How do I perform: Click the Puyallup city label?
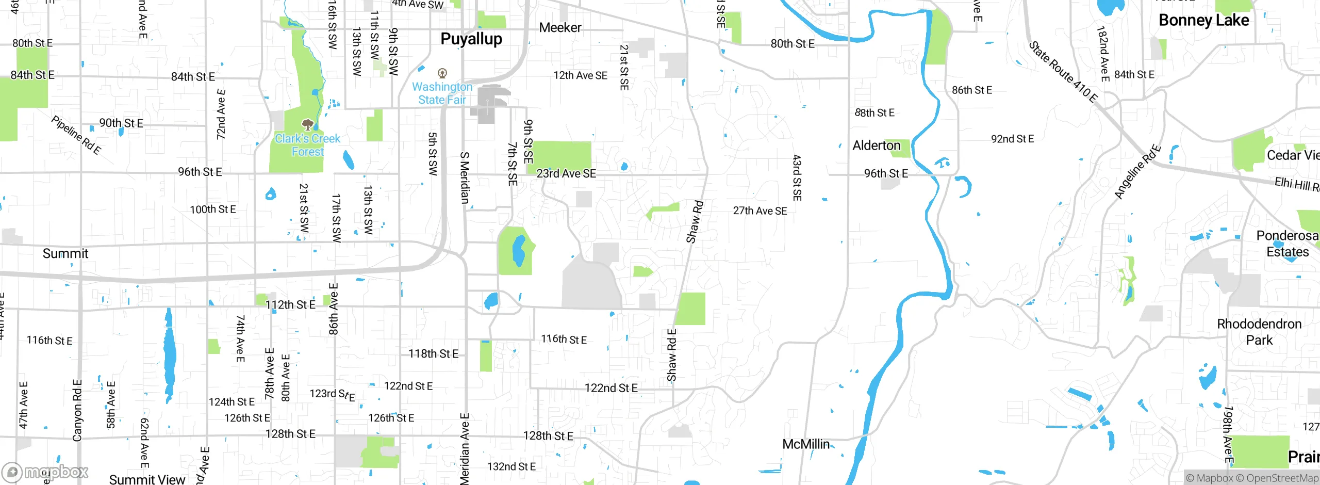(x=471, y=39)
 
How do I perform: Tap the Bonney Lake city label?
(x=1203, y=21)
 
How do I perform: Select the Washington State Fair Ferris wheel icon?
(x=442, y=73)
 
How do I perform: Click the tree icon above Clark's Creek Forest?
(x=308, y=124)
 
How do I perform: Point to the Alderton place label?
(x=876, y=145)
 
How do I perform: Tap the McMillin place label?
(x=806, y=444)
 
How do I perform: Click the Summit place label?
(x=65, y=254)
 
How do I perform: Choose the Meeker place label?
(x=560, y=28)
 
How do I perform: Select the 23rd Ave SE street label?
(x=566, y=174)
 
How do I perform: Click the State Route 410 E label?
(x=1063, y=72)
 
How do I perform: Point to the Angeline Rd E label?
(x=1137, y=172)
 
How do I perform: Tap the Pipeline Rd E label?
(x=76, y=135)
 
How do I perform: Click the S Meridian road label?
(x=465, y=177)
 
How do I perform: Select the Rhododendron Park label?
(x=1259, y=332)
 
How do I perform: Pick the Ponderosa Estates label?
(x=1287, y=244)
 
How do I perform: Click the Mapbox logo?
(x=45, y=472)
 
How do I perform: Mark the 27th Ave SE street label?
(x=760, y=211)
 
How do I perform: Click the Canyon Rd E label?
(x=77, y=411)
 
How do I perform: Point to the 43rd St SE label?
(x=797, y=177)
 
